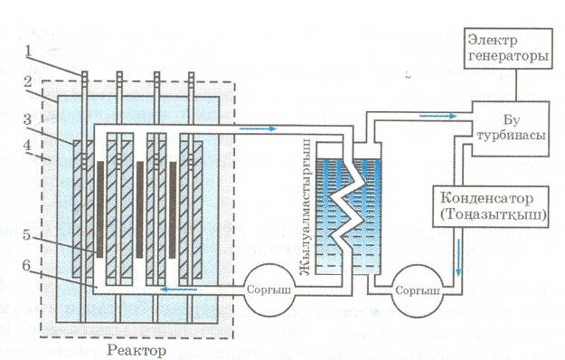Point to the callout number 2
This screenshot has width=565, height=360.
(28, 81)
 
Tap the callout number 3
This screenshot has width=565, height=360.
(28, 118)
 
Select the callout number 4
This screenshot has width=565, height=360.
(27, 146)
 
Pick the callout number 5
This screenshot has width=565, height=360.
(27, 234)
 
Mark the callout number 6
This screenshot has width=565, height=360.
(27, 266)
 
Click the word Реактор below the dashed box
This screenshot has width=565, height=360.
(137, 350)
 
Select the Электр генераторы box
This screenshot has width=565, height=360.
(508, 48)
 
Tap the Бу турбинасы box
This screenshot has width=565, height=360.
(511, 128)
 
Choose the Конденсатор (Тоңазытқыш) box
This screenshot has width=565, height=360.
(490, 206)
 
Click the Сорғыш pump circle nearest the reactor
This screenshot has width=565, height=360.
(268, 290)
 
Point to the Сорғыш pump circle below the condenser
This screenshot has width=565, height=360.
(418, 290)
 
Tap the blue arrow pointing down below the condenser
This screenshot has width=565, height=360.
(459, 257)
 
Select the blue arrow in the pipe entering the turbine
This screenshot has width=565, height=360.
(438, 116)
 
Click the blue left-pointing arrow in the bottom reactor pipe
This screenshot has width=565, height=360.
(179, 289)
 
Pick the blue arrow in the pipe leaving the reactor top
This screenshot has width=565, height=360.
(258, 128)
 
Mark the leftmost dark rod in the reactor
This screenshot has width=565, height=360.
(100, 209)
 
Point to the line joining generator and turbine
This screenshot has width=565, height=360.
(516, 85)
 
